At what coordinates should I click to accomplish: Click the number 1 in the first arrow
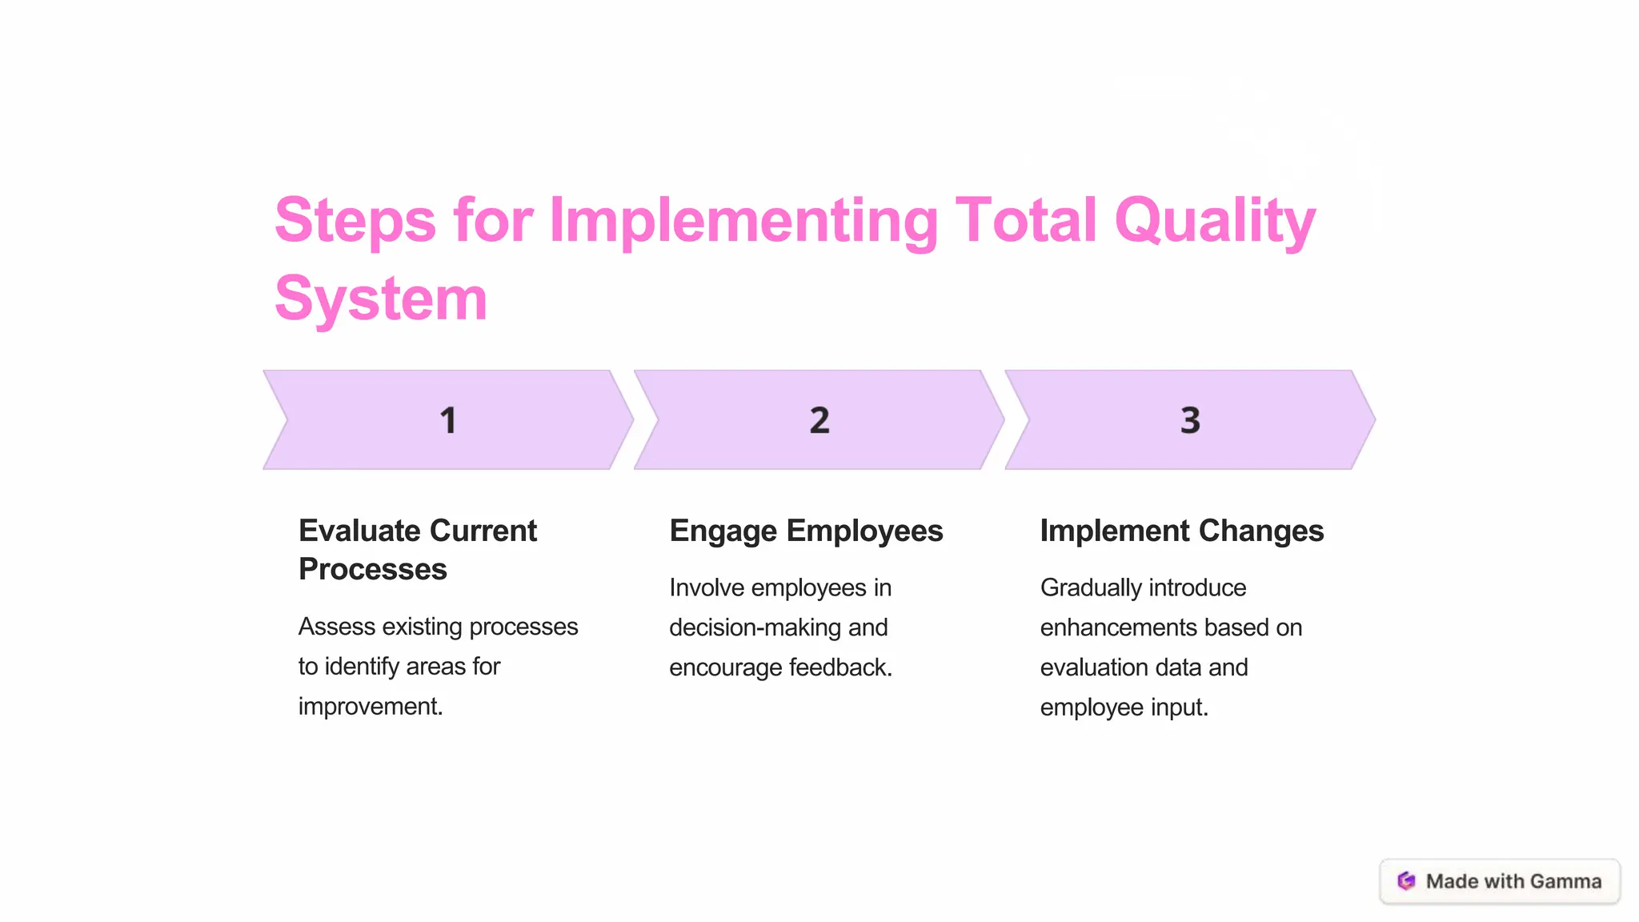click(448, 420)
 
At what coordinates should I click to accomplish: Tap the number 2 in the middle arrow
click(819, 420)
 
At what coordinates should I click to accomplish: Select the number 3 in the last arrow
click(1190, 420)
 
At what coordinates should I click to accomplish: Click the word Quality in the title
click(1215, 221)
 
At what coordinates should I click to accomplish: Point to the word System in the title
click(381, 299)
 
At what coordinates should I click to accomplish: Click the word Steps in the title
click(355, 221)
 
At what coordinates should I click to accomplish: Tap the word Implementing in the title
click(743, 221)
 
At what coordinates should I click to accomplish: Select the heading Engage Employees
click(806, 531)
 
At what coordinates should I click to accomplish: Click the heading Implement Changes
click(1181, 531)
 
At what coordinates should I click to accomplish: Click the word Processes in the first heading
click(373, 570)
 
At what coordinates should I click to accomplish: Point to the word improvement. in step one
click(371, 707)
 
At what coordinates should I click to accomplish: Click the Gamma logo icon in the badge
click(1406, 881)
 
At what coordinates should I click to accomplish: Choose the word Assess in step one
click(336, 627)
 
